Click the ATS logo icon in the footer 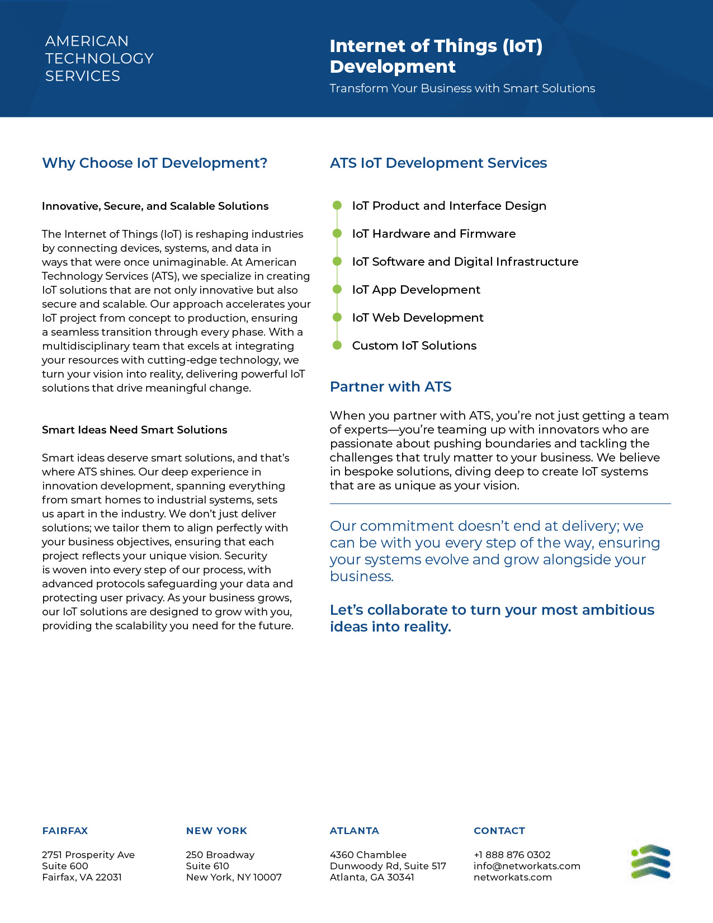coord(651,861)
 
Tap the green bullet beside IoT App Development coord(337,289)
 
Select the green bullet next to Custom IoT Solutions coord(337,345)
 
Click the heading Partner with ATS coord(390,387)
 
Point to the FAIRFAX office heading coord(65,831)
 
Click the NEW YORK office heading coord(216,831)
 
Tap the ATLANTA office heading coord(354,831)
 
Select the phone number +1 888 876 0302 coord(512,855)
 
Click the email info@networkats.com coord(527,866)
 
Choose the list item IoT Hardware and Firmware coord(433,234)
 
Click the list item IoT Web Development coord(418,318)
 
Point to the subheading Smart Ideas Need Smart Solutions coord(134,430)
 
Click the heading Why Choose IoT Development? coord(154,163)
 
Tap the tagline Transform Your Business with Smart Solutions coord(462,88)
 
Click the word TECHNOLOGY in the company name coord(99,58)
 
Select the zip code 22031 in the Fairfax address coord(108,877)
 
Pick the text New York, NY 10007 coord(234,877)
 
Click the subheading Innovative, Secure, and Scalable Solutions coord(155,206)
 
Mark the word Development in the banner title coord(393,67)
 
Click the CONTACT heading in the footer coord(499,831)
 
